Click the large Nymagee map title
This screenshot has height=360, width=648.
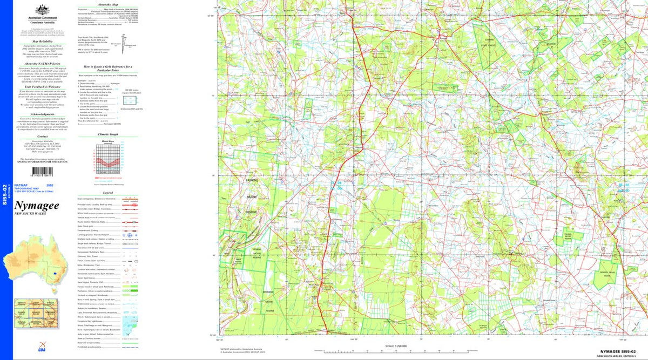click(x=37, y=206)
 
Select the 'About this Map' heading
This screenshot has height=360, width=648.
click(x=107, y=4)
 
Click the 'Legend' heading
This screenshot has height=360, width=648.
click(x=107, y=192)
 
